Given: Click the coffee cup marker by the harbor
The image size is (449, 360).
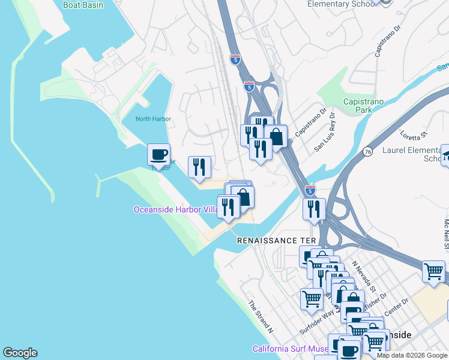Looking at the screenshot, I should tap(159, 155).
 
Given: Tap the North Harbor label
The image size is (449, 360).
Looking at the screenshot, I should tap(153, 119).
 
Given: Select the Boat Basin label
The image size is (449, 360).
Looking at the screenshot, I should tap(83, 5).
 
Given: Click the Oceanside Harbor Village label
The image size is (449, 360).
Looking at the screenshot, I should tap(176, 209).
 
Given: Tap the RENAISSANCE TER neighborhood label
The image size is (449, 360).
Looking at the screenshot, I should tap(276, 240).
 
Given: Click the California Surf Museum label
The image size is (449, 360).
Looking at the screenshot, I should tap(291, 349).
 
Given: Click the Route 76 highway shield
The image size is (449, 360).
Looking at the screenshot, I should tap(367, 152).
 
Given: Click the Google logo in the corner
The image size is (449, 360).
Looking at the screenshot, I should tap(20, 353).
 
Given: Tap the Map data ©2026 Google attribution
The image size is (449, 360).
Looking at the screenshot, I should tap(412, 355).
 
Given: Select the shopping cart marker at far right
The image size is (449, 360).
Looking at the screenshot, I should tap(433, 271).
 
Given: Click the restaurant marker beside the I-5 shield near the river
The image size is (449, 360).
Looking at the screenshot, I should tap(314, 209).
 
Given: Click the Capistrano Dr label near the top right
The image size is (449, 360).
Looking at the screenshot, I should tap(388, 41).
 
